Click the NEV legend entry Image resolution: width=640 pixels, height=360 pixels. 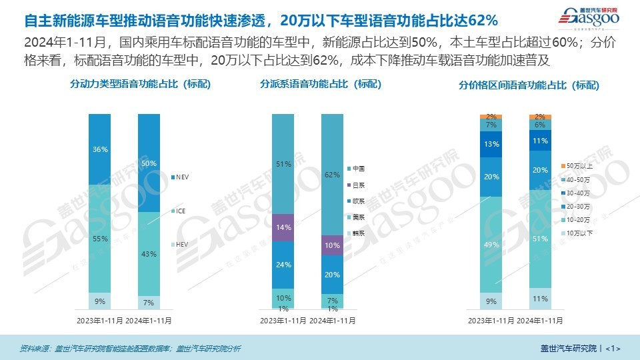[184, 177]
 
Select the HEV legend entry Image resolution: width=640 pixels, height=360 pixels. [184, 245]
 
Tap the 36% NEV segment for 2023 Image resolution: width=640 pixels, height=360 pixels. [99, 149]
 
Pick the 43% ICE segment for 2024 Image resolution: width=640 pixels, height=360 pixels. [149, 253]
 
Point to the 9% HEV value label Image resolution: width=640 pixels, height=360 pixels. [99, 302]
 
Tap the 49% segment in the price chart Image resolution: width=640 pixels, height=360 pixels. [491, 245]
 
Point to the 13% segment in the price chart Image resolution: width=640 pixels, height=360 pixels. [491, 144]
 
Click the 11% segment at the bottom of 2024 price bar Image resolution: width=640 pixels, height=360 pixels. [541, 299]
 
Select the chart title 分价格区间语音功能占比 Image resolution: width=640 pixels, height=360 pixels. [529, 85]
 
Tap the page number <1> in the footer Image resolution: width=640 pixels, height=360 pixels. [614, 348]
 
